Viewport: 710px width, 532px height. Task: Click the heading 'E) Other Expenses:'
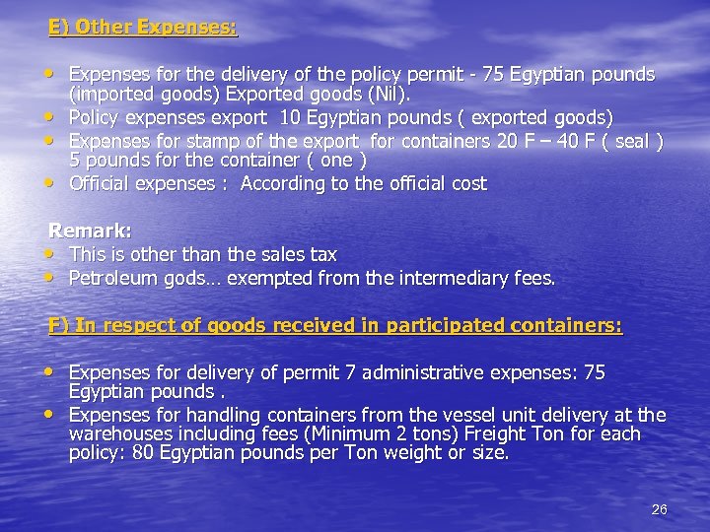[143, 28]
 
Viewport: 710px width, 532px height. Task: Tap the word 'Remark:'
[91, 232]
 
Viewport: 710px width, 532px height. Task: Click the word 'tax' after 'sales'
[322, 255]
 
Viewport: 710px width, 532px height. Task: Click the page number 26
[660, 509]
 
